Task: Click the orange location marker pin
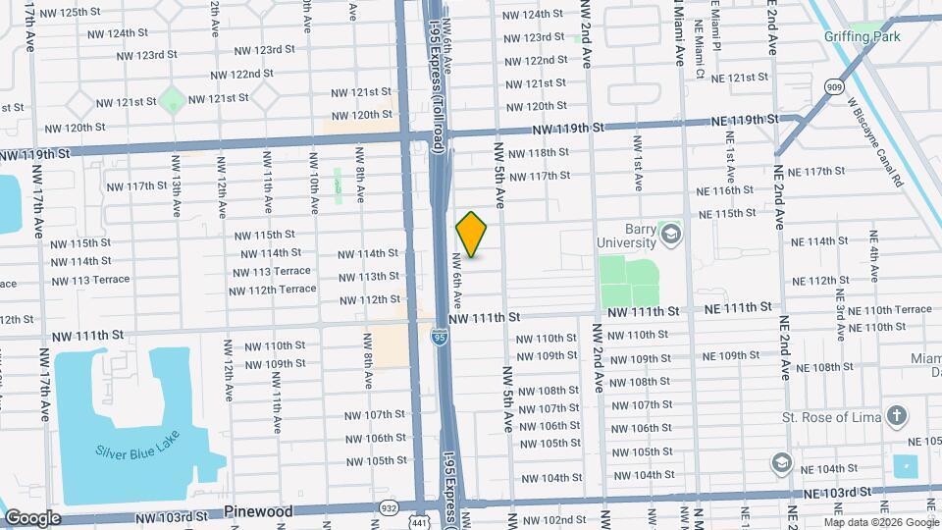coord(472,235)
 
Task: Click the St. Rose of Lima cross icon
coord(896,416)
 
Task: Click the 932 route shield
coord(389,508)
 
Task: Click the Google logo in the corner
coord(32,517)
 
